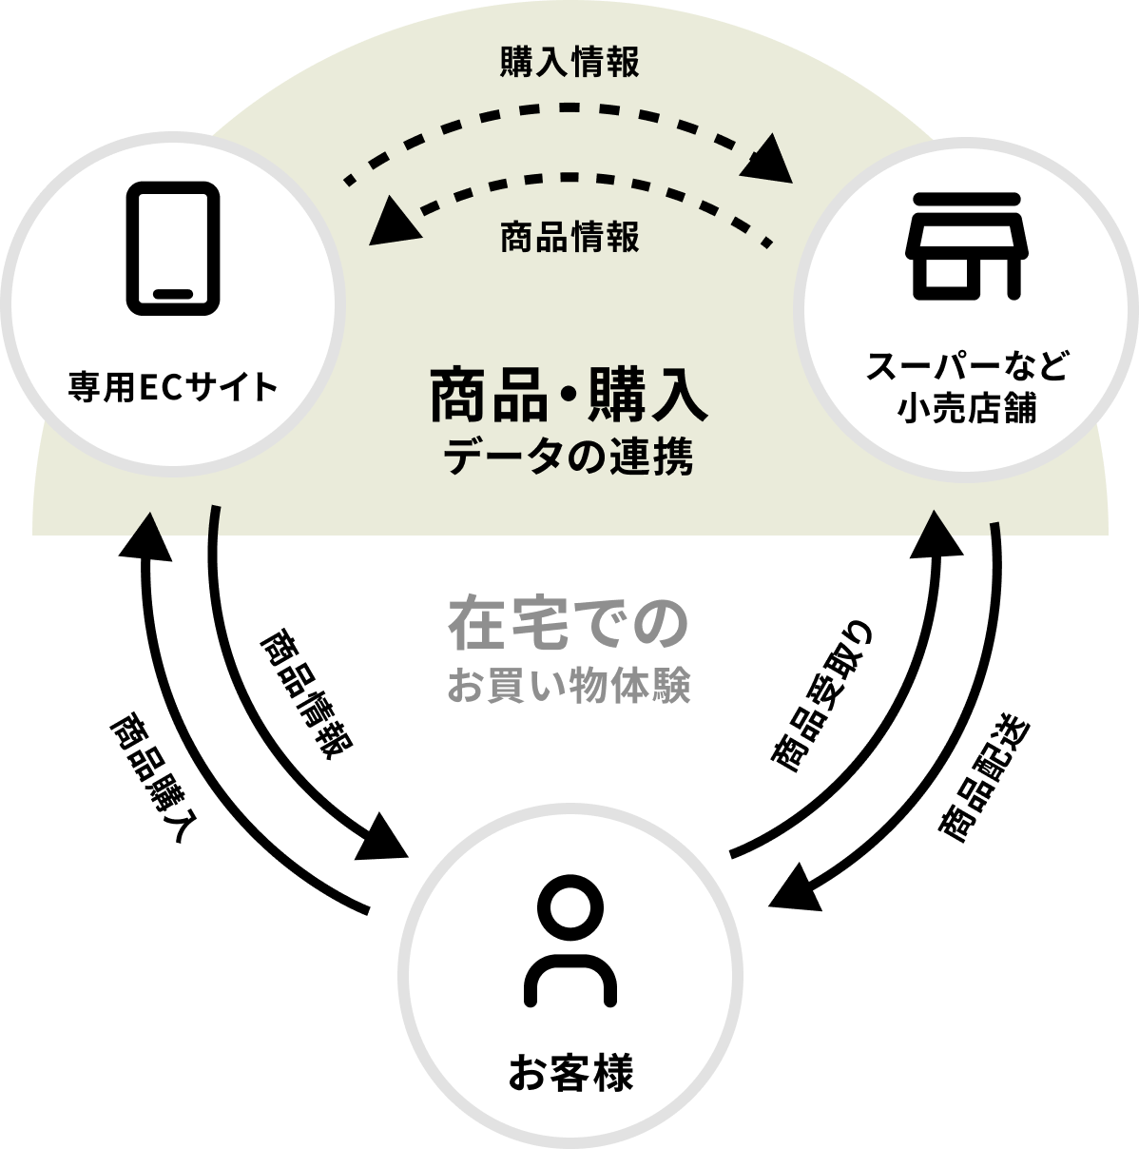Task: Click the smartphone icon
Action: [173, 246]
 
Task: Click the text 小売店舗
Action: [967, 410]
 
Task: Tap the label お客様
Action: [569, 1075]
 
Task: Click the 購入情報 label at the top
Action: [569, 63]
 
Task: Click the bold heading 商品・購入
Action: [569, 399]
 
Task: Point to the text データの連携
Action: [569, 458]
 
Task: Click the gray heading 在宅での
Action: [568, 623]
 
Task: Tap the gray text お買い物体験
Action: [568, 686]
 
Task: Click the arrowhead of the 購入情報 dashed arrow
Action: [769, 160]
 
